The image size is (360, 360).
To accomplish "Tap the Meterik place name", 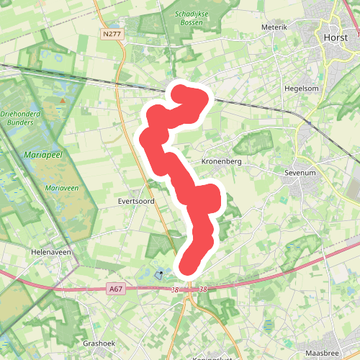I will (274, 27).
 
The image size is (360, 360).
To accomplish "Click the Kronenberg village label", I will (221, 162).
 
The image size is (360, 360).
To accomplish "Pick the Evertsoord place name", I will (137, 202).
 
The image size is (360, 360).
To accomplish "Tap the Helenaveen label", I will (50, 253).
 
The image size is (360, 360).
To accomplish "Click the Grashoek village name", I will (99, 343).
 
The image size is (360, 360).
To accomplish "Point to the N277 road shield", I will (112, 33).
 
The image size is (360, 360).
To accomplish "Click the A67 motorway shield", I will (114, 288).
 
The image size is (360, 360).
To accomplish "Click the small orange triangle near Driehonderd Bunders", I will (63, 100).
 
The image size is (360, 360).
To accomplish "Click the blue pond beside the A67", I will (159, 274).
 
